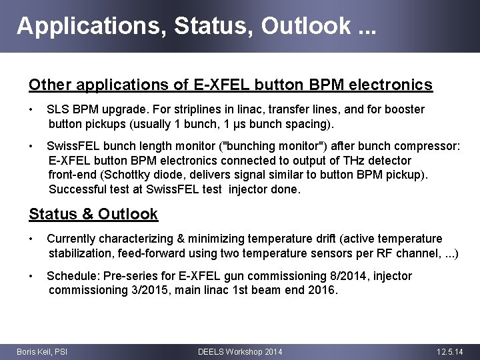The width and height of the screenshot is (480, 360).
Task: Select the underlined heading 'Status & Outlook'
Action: (x=93, y=214)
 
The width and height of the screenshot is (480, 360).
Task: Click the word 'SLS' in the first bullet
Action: (x=57, y=109)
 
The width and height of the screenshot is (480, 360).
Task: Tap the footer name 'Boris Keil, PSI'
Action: (x=41, y=351)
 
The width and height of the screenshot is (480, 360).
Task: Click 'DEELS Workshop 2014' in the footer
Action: (x=240, y=351)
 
